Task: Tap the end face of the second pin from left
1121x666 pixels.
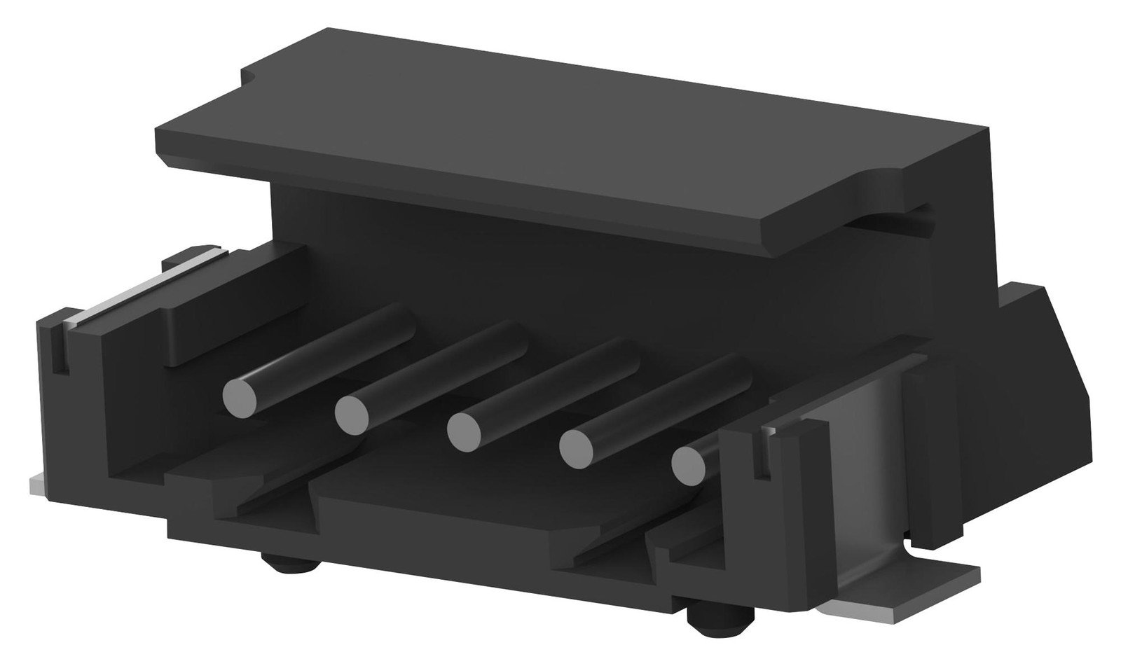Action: [352, 414]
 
